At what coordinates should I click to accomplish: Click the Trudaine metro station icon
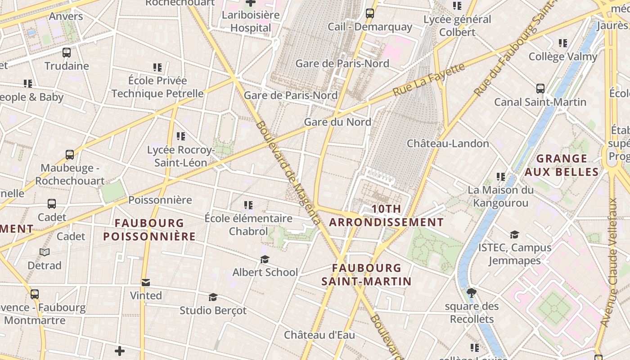[x=67, y=53]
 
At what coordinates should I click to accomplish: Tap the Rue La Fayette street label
[x=429, y=79]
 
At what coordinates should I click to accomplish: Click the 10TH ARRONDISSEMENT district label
[x=387, y=216]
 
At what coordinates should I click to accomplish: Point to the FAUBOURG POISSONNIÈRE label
[x=149, y=229]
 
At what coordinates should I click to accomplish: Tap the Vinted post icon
[x=146, y=283]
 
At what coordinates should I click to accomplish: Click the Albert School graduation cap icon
[x=265, y=260]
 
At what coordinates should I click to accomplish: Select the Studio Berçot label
[x=213, y=310]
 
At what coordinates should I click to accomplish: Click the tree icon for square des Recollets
[x=472, y=293]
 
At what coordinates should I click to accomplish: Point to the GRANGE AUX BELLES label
[x=562, y=165]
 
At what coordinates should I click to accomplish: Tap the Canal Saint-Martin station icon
[x=540, y=89]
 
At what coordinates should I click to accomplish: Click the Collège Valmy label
[x=563, y=57]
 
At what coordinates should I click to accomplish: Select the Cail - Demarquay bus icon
[x=370, y=13]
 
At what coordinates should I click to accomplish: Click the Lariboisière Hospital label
[x=251, y=21]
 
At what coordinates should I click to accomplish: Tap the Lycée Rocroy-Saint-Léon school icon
[x=181, y=136]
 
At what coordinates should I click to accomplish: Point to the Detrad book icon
[x=45, y=252]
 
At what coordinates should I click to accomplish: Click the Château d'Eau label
[x=319, y=335]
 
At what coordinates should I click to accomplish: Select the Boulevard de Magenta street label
[x=288, y=172]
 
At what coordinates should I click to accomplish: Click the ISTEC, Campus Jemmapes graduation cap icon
[x=514, y=235]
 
